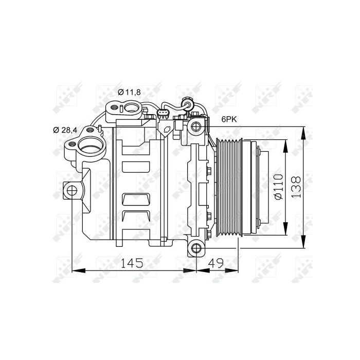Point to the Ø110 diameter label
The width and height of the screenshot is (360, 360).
pos(279,186)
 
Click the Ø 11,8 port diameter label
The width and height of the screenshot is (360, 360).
pos(129,92)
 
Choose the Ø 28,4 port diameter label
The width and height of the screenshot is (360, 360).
pos(65,130)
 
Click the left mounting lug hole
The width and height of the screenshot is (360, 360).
pos(71,191)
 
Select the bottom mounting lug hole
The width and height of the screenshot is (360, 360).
pos(196,249)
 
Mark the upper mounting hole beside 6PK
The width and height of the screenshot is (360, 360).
pos(195,126)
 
